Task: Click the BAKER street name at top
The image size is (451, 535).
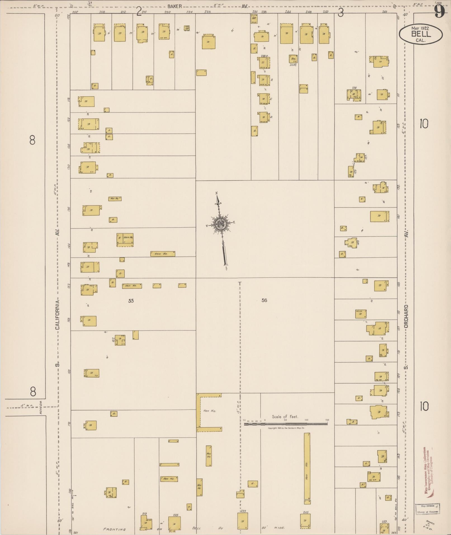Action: pyautogui.click(x=175, y=6)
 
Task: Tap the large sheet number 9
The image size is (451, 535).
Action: pyautogui.click(x=439, y=12)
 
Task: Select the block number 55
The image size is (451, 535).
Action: pyautogui.click(x=131, y=301)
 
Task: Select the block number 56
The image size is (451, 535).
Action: pyautogui.click(x=264, y=300)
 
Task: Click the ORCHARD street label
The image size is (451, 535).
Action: pyautogui.click(x=406, y=316)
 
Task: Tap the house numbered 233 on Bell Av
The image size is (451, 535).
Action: pyautogui.click(x=242, y=520)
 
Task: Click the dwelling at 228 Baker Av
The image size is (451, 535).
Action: pyautogui.click(x=208, y=42)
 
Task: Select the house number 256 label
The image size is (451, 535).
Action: pyautogui.click(x=354, y=88)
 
